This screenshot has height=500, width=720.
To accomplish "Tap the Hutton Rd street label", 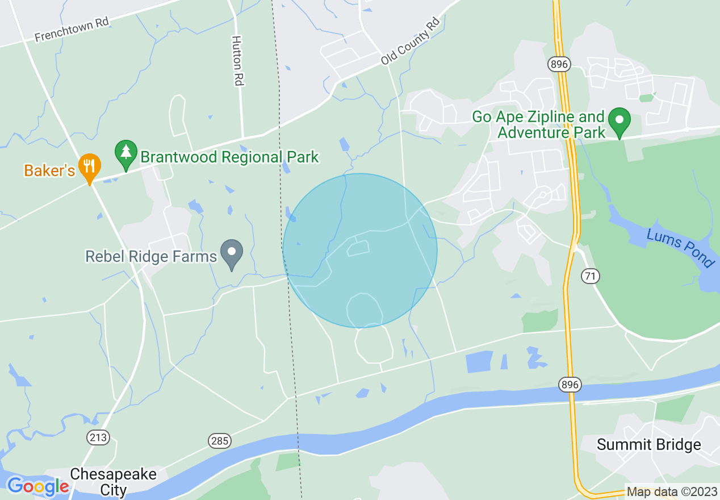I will click(237, 61).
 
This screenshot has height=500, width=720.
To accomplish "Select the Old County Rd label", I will click(410, 41).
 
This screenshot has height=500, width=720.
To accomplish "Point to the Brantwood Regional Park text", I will click(229, 157).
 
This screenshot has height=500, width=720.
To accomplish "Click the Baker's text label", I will click(49, 170).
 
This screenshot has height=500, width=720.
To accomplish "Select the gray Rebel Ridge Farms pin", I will click(232, 253).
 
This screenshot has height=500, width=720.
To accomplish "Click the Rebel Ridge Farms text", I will click(151, 256).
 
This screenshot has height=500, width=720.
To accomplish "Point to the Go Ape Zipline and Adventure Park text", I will click(538, 125).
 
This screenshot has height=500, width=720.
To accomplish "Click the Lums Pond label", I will click(680, 248).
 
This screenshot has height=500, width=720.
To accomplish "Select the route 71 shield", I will click(590, 276).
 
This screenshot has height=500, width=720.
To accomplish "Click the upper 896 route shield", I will click(559, 64).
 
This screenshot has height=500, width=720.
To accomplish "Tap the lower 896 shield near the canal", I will click(570, 385).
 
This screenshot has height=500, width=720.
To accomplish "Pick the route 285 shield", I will click(219, 440).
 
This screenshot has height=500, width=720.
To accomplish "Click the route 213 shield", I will click(98, 437).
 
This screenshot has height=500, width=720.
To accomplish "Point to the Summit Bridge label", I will click(648, 444).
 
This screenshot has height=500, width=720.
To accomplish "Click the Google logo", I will click(37, 486).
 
